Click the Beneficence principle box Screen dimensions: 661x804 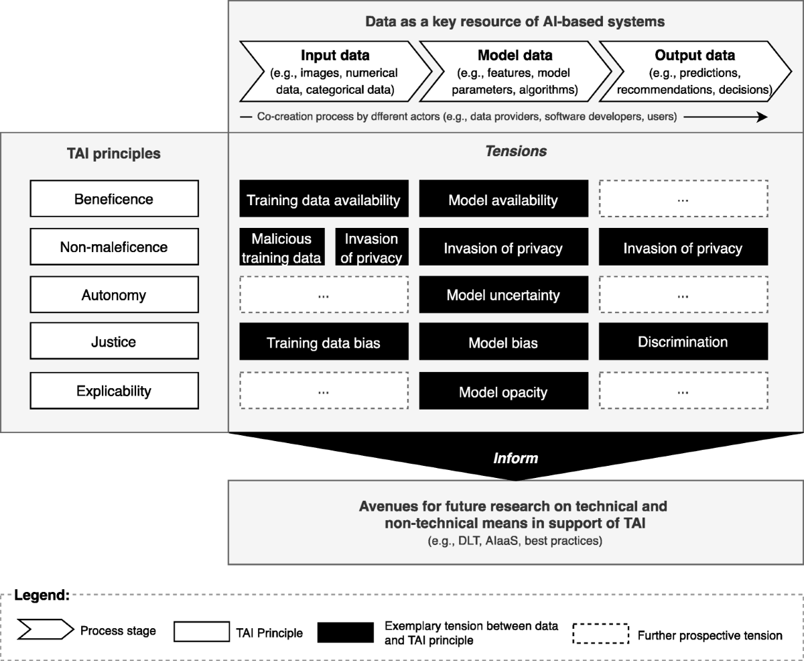[113, 199]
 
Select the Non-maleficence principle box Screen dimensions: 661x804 [113, 247]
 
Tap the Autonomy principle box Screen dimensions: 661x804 [113, 295]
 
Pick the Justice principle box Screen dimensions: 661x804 [113, 342]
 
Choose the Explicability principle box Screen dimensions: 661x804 [113, 391]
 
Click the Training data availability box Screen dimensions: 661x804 [324, 199]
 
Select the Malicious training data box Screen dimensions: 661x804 [281, 247]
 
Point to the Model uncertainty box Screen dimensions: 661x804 [503, 295]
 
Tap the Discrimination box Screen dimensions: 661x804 [683, 342]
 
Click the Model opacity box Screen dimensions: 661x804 [503, 392]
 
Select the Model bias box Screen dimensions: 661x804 [503, 343]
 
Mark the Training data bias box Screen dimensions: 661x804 [324, 343]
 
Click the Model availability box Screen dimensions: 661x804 [503, 199]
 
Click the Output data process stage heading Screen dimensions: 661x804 [695, 55]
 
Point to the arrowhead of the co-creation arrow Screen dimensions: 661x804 [762, 117]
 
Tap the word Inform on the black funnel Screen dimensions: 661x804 [515, 459]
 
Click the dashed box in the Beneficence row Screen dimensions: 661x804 [683, 198]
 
